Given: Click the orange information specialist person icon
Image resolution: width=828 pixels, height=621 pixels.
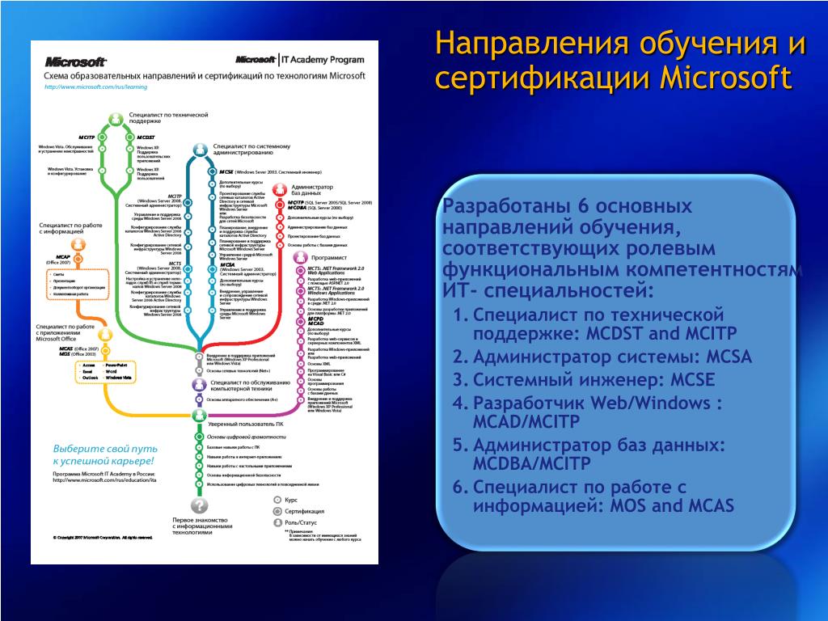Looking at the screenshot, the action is point(78,245).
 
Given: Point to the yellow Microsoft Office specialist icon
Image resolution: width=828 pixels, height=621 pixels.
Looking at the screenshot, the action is point(103,334).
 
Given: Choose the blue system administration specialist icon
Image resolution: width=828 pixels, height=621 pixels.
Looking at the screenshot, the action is point(199,150).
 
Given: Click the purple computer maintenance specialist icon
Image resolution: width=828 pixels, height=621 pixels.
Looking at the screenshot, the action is point(199,383).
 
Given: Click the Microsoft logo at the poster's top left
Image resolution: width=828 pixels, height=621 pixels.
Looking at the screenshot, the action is point(76,61).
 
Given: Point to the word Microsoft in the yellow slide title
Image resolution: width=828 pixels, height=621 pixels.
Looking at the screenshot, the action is point(725,78).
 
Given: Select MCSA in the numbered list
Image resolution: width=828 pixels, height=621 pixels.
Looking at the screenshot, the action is point(729,357).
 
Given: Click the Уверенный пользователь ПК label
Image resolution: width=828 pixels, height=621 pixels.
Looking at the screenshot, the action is point(245,424).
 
